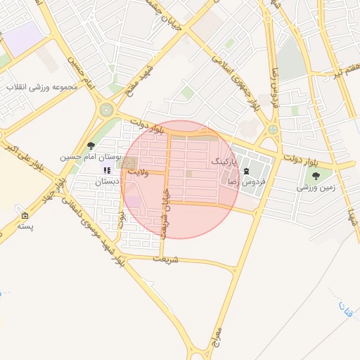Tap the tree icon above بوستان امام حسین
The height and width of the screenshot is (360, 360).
click(x=91, y=146)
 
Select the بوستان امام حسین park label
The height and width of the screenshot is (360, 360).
click(x=91, y=156)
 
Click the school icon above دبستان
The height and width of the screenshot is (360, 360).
click(x=107, y=170)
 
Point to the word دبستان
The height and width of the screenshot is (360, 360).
click(x=107, y=181)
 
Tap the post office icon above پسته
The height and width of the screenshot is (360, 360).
click(x=25, y=215)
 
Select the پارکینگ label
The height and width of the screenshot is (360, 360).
click(x=225, y=161)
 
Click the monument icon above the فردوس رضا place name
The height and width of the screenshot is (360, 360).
click(x=245, y=172)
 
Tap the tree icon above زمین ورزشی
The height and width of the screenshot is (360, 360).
click(x=315, y=176)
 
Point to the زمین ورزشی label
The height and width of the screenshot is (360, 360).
click(x=315, y=187)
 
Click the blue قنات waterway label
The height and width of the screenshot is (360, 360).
click(x=344, y=307)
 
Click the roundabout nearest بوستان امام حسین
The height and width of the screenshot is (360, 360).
click(x=107, y=110)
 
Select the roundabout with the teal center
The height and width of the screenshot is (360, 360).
click(x=273, y=130)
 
